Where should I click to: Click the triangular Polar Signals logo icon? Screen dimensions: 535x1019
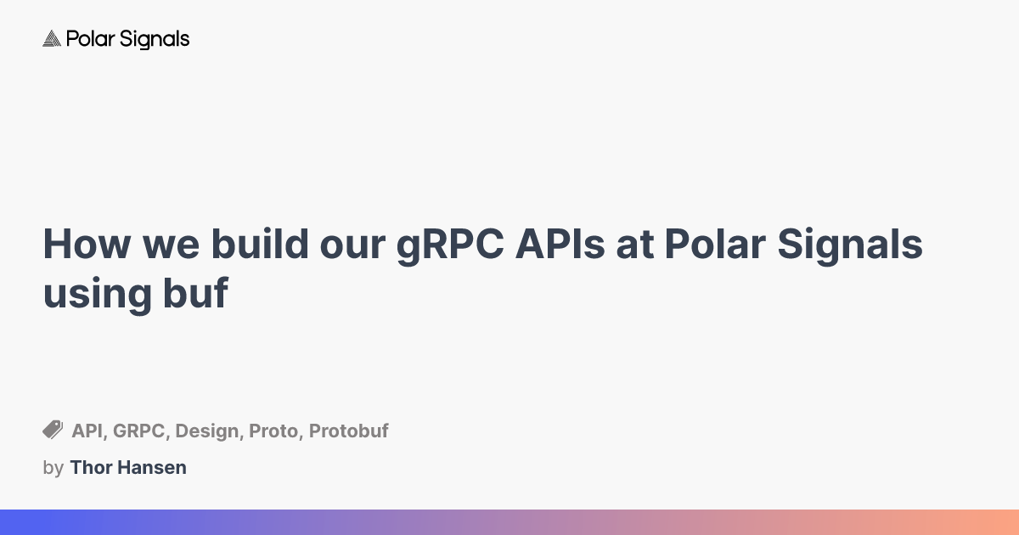[x=52, y=39]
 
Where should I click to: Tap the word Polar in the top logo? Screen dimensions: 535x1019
[x=85, y=39]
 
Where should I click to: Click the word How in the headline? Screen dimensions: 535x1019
[x=85, y=245]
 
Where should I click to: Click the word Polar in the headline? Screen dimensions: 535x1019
[x=712, y=245]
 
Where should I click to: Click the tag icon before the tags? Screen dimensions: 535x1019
[x=53, y=430]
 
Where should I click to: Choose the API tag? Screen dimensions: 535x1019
[x=87, y=431]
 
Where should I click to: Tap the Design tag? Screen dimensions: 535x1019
[x=207, y=431]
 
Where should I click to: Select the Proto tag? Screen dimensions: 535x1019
[x=273, y=431]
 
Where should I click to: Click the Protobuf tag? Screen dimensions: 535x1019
[x=348, y=431]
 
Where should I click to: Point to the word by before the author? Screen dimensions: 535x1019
[x=53, y=468]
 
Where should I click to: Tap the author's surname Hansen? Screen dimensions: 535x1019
[x=154, y=467]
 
